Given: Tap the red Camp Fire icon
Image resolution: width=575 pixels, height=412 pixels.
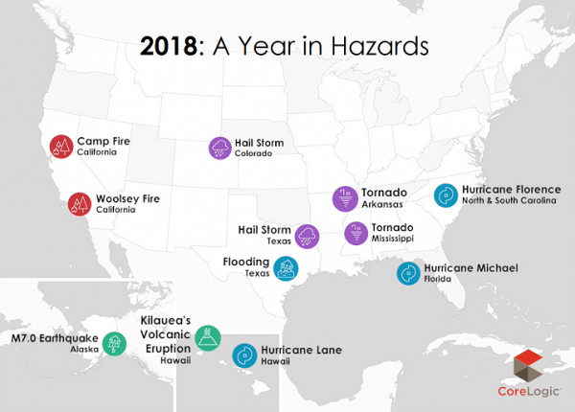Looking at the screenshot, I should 61,146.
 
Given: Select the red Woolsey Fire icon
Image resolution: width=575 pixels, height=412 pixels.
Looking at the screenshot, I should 79,203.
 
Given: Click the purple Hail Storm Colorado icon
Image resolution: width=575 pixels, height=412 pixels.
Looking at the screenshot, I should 219,148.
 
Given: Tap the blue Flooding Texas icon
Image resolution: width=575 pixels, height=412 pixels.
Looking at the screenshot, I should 284,268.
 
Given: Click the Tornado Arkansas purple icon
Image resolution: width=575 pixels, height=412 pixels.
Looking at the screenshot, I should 343,197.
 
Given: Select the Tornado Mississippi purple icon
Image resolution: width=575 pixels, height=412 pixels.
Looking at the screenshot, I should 356,233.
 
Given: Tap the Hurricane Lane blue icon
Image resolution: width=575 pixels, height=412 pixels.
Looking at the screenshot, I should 245,355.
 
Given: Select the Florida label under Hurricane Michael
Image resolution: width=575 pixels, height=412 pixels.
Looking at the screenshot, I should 441,282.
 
